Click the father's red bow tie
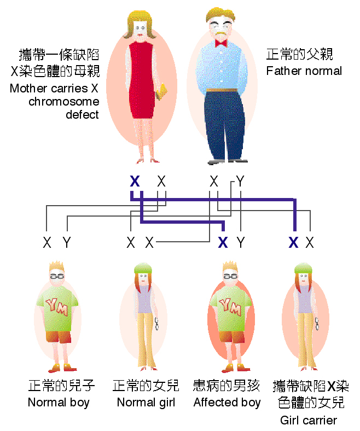221,43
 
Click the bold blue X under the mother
134,182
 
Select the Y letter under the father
240,182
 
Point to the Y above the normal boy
66,242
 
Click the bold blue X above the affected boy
222,242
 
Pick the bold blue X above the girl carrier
293,242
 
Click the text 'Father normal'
304,71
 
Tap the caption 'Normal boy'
59,403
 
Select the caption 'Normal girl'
146,403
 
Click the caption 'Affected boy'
227,403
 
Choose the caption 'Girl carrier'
309,420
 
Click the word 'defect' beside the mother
82,114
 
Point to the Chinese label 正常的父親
299,55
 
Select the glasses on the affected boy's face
230,276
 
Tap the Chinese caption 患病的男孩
227,386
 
